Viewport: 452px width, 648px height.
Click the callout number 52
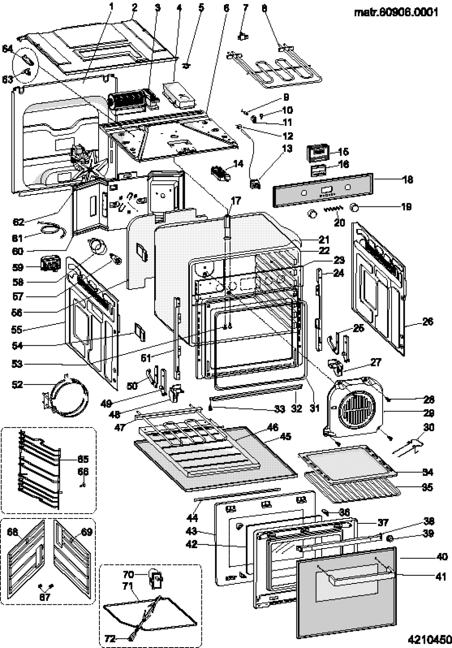point(17,385)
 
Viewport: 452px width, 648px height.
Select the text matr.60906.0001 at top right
point(396,12)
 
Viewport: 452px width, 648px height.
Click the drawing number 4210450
point(429,640)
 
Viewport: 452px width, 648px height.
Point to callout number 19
point(406,206)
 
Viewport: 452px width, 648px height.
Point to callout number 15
point(343,152)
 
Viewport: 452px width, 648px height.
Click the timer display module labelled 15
point(318,153)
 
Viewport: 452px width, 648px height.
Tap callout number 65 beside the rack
point(83,459)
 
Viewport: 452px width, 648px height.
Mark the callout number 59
point(17,267)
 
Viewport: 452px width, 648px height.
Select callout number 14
point(238,164)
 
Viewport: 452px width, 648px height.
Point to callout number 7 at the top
point(246,7)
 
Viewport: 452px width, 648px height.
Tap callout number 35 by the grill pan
point(427,487)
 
